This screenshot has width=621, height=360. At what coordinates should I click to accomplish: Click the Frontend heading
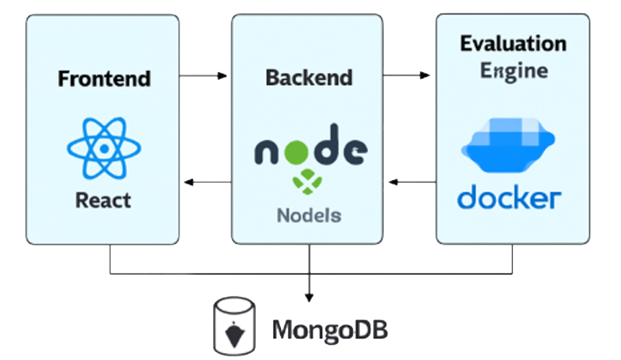104,78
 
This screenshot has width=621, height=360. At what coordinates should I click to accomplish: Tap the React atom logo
104,148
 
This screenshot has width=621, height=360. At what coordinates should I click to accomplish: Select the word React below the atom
104,200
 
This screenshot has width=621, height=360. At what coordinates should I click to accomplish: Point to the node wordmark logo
310,150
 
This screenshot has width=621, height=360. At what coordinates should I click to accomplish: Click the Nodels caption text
308,214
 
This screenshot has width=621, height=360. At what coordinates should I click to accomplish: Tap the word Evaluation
513,44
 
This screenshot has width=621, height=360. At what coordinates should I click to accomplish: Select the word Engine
513,70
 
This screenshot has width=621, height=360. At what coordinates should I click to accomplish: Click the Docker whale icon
509,145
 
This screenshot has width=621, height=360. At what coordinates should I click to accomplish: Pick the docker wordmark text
509,196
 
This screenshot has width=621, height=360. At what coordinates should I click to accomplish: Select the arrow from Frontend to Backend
204,77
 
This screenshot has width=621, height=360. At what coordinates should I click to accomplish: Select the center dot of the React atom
104,148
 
